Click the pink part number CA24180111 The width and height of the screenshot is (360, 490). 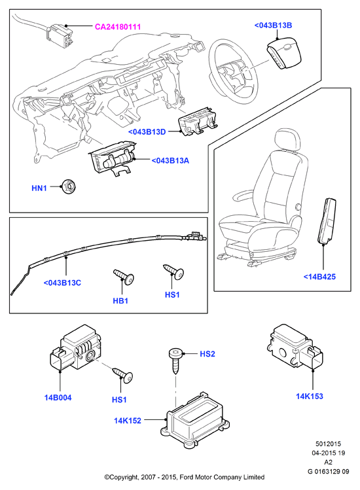[118, 27]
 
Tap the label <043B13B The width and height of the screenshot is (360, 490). [273, 26]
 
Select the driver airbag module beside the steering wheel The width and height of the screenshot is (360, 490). [283, 55]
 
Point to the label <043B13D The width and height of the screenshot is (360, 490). [147, 132]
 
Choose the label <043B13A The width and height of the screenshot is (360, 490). [170, 161]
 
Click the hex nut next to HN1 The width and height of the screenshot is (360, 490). [69, 186]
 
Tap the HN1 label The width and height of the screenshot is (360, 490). [39, 188]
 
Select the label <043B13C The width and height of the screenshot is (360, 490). [62, 283]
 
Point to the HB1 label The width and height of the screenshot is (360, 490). [120, 301]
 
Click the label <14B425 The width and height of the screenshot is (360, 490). [319, 277]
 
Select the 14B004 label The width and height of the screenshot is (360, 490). [58, 398]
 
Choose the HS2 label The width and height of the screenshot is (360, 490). [207, 354]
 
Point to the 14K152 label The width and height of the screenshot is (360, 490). [128, 421]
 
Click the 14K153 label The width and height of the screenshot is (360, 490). [310, 396]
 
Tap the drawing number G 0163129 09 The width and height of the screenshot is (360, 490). [328, 471]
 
